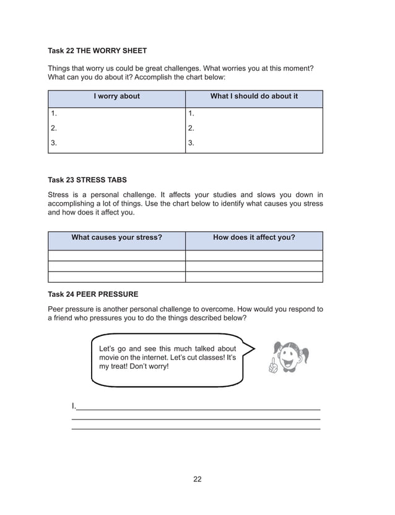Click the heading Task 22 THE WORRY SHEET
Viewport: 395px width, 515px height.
tap(97, 50)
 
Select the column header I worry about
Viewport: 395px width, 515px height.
tap(116, 96)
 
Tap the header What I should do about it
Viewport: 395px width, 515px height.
tap(254, 96)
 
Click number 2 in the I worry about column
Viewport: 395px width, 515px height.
tap(54, 128)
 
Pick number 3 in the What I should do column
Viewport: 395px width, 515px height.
tap(191, 143)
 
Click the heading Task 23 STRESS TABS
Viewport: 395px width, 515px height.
tap(87, 180)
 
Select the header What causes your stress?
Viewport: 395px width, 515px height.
tap(116, 237)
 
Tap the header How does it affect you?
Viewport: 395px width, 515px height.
tap(254, 237)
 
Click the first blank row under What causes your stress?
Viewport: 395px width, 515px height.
tap(116, 255)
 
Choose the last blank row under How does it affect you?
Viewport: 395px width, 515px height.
tap(254, 277)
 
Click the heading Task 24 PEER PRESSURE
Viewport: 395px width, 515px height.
tap(93, 294)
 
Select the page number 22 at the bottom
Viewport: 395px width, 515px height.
tap(197, 478)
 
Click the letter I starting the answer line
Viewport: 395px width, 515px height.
tap(73, 407)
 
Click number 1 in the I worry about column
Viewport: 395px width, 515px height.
tap(54, 113)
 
